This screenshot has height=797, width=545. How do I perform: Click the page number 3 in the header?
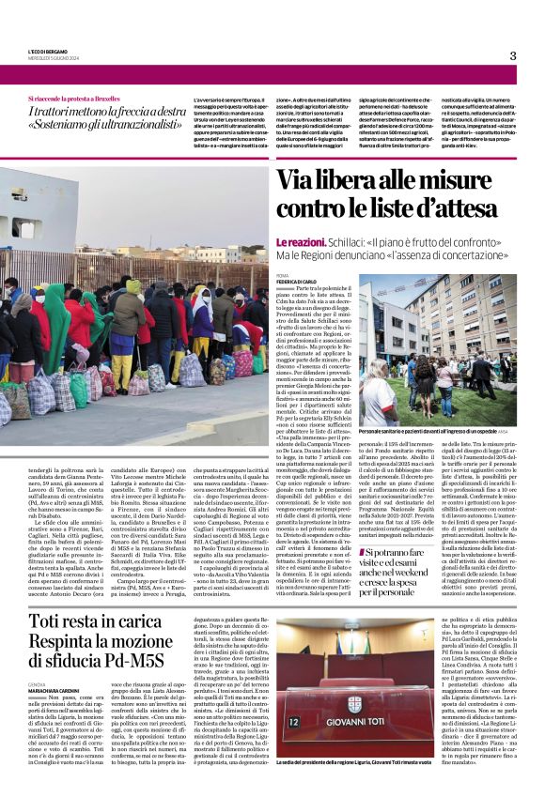tap(513, 55)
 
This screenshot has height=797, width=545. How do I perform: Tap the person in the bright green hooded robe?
tap(54, 324)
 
